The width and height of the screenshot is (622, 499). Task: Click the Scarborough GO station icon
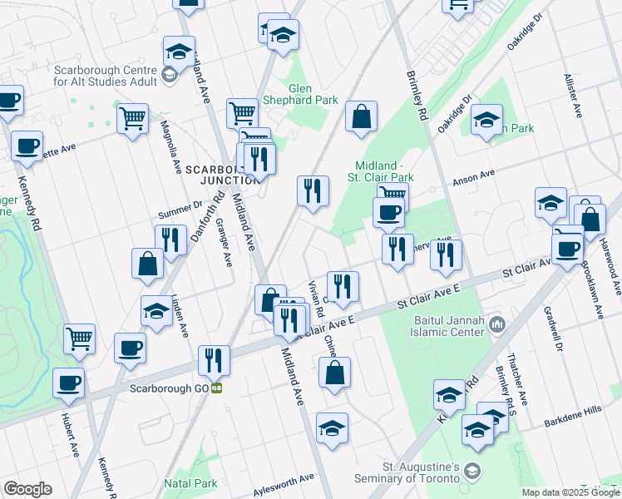(x=216, y=388)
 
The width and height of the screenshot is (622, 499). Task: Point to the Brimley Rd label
(x=417, y=98)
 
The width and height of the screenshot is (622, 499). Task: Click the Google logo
(x=27, y=489)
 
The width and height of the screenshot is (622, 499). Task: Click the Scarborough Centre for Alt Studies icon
(x=170, y=76)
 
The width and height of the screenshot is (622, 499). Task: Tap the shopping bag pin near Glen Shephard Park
(x=362, y=117)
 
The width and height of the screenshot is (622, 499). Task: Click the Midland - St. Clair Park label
(x=385, y=171)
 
